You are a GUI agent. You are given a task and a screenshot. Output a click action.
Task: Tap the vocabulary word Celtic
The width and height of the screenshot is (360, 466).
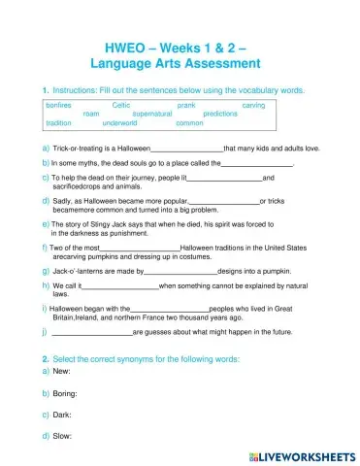122,104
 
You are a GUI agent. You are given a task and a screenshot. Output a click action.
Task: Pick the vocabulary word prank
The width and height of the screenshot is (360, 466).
187,104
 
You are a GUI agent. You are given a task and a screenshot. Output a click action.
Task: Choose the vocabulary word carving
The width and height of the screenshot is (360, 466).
253,104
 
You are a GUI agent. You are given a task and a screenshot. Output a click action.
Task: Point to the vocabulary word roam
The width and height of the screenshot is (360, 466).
92,114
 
